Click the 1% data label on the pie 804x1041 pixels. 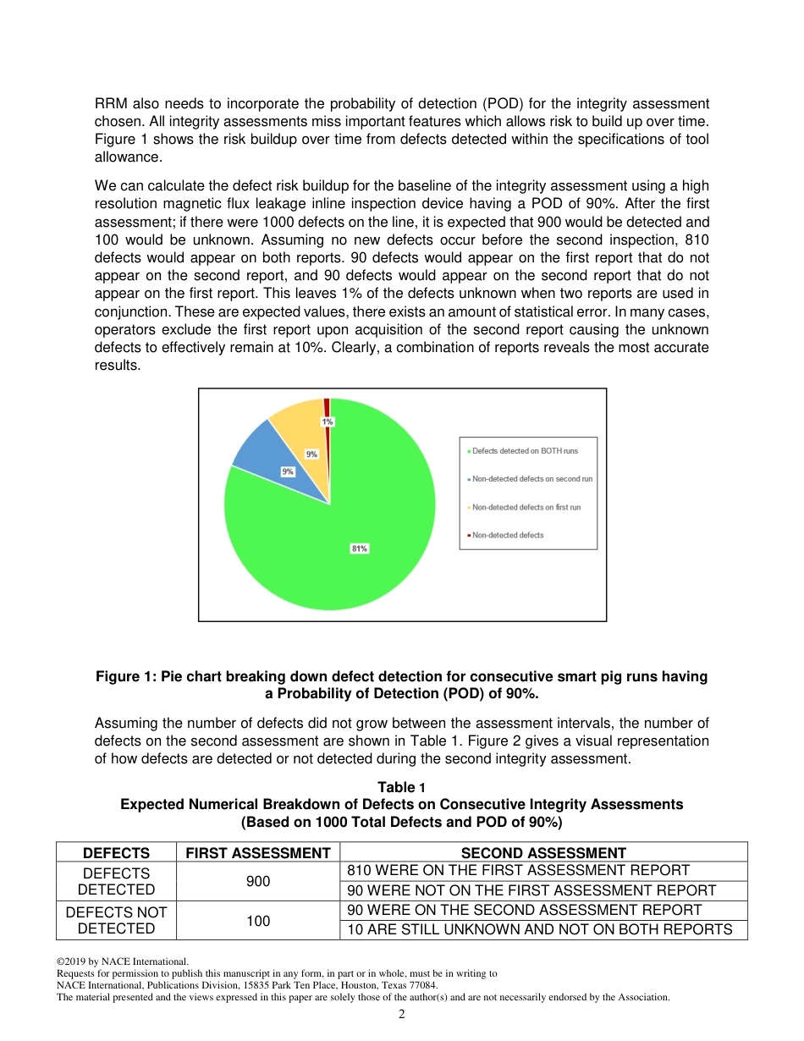coord(327,421)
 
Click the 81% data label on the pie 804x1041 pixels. coord(360,548)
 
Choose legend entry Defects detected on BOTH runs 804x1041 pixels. coord(525,451)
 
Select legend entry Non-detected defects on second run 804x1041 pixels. coord(531,479)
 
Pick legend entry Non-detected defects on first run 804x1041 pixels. coord(526,507)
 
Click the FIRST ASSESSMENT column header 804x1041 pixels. coord(258,853)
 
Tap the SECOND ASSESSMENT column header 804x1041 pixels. coord(542,853)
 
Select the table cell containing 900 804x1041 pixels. coord(258,881)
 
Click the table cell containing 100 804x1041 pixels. coord(258,920)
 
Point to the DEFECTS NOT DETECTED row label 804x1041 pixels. coord(116,920)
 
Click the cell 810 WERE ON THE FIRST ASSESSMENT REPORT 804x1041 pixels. coord(518,870)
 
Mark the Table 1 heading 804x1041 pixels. coord(402,788)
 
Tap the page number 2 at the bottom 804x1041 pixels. coord(402,1015)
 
